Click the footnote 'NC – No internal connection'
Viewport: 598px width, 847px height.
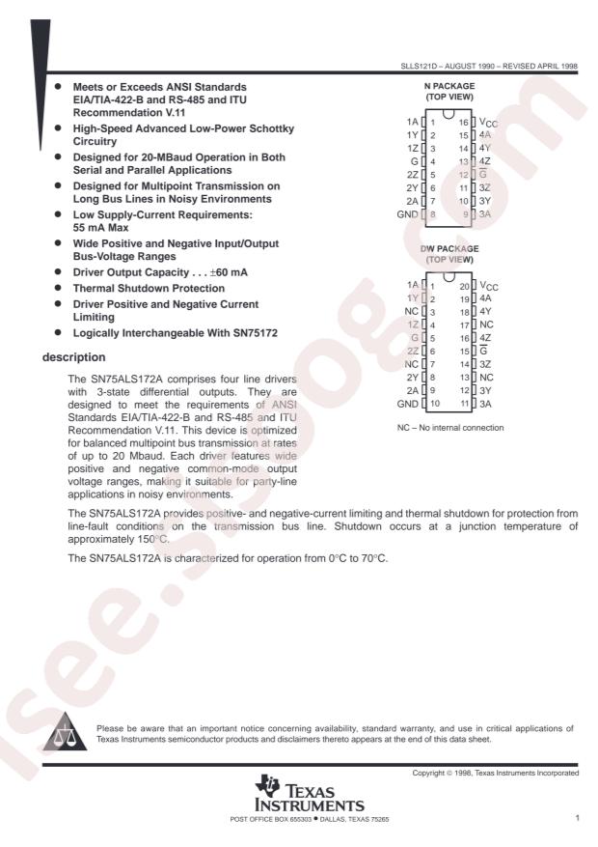click(x=456, y=426)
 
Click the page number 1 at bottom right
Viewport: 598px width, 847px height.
click(x=576, y=818)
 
